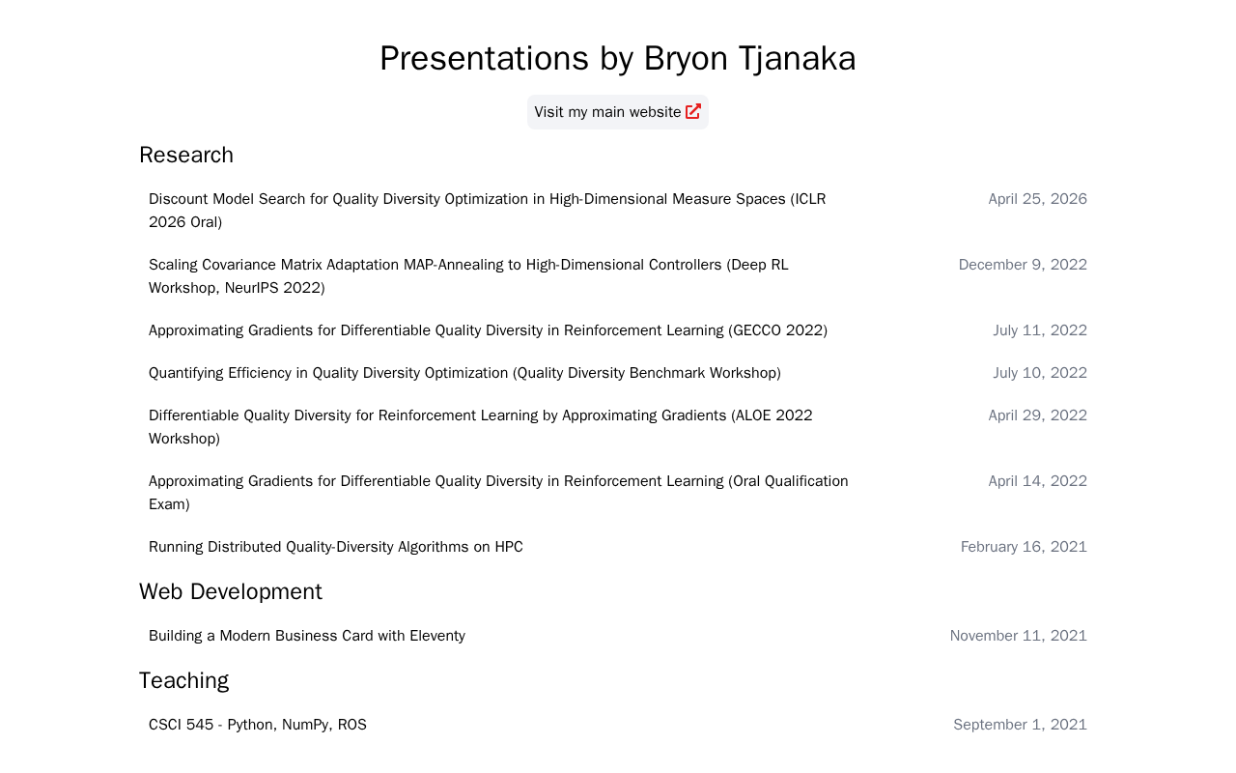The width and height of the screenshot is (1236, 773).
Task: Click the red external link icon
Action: click(x=693, y=111)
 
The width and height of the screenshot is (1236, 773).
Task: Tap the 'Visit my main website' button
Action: click(x=617, y=112)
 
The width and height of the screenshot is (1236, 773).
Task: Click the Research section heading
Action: click(x=186, y=156)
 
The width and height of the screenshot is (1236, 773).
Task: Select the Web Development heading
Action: click(x=231, y=592)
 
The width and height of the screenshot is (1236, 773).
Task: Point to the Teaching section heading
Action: click(x=183, y=681)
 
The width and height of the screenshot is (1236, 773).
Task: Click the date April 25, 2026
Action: click(x=1037, y=199)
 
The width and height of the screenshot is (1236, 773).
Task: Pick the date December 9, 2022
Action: click(x=1023, y=265)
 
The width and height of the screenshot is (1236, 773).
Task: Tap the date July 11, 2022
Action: click(x=1040, y=330)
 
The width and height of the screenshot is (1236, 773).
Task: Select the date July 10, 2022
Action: click(x=1040, y=373)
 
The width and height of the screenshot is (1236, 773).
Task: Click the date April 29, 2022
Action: click(x=1037, y=415)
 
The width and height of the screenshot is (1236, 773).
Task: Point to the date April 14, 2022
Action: click(x=1037, y=481)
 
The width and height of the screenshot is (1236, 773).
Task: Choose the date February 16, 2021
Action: click(x=1024, y=547)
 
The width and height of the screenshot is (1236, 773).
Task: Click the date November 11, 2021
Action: click(x=1018, y=636)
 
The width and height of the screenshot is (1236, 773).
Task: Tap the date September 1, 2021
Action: click(x=1021, y=725)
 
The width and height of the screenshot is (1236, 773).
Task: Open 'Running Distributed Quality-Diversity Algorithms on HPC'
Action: click(x=335, y=547)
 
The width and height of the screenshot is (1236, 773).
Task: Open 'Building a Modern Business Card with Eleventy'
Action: click(x=307, y=636)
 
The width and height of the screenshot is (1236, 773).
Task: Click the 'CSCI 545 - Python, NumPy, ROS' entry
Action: click(x=258, y=725)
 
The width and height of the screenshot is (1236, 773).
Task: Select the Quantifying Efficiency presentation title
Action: click(x=464, y=373)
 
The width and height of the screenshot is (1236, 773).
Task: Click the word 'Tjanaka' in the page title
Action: click(x=797, y=59)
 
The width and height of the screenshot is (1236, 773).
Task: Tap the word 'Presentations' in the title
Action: click(x=485, y=59)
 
